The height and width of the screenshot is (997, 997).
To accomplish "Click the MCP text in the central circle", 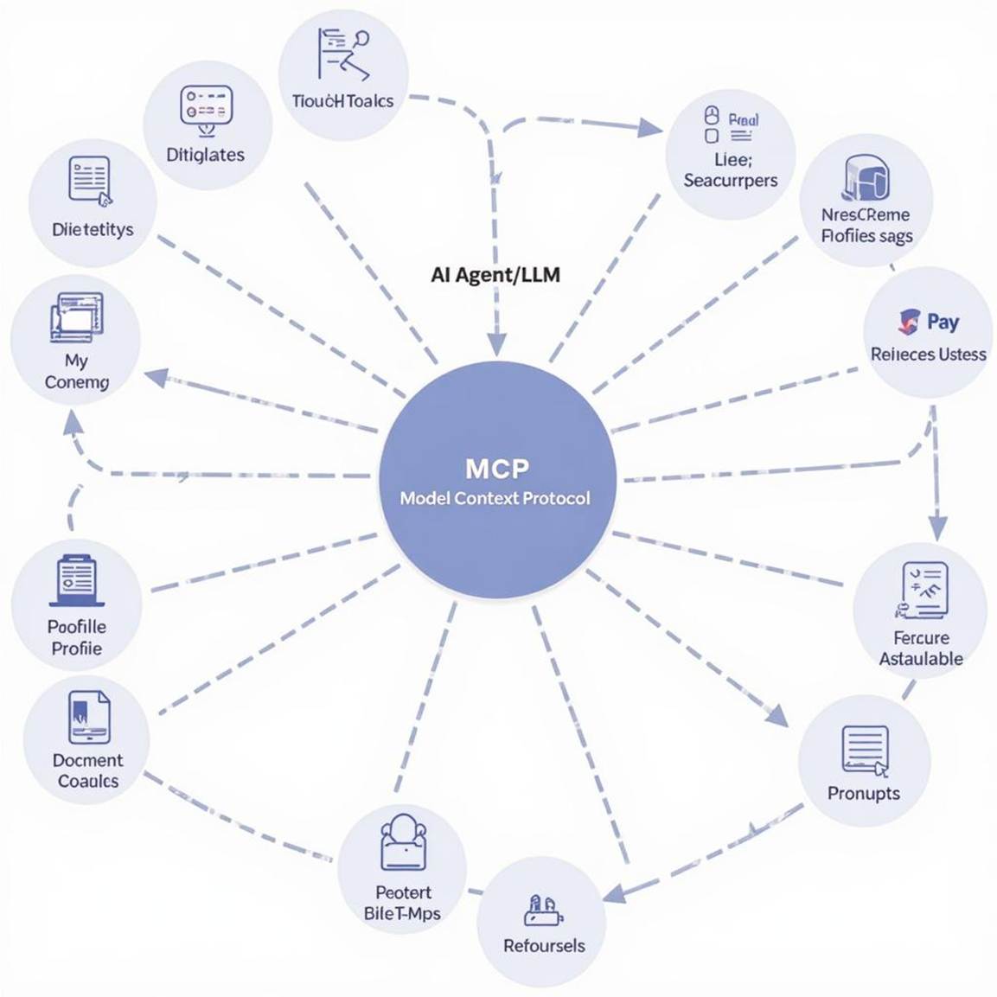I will (496, 469).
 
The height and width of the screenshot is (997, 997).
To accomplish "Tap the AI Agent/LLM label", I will (495, 275).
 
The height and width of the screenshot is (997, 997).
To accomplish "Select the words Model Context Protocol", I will (495, 498).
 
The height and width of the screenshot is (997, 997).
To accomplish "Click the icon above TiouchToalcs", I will (342, 54).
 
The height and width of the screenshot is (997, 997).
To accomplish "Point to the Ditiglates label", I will (205, 155).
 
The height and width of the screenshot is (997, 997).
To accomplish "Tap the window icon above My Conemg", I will (77, 316).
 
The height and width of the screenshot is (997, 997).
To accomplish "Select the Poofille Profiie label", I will (76, 637).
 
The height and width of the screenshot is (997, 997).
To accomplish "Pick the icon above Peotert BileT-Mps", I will (403, 843).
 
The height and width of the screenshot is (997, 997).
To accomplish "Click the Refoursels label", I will (544, 945).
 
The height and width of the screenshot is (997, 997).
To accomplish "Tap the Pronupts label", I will (863, 793).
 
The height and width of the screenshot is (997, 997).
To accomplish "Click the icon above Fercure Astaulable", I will (922, 590).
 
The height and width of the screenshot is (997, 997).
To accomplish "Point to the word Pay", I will (943, 322).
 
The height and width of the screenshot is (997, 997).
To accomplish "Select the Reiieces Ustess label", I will (928, 355).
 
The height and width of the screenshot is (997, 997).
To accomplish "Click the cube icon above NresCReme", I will (866, 178).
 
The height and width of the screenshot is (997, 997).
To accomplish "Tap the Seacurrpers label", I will (731, 180).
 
